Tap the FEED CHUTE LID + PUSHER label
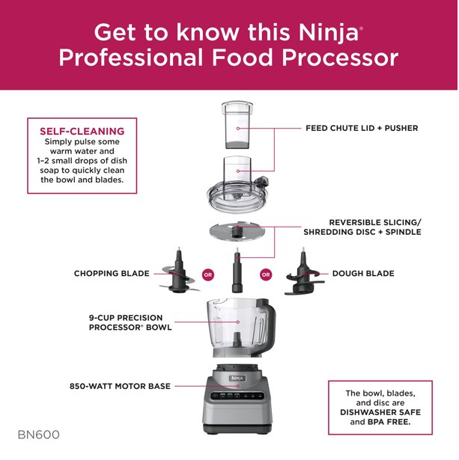[x=361, y=128]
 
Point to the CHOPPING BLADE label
[x=112, y=274]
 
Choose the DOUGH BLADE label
[x=362, y=274]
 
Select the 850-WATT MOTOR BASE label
[x=120, y=386]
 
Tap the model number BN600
[x=38, y=435]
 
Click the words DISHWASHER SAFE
[x=380, y=412]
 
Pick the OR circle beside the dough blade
[x=266, y=275]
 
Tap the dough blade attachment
[x=303, y=275]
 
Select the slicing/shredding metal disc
[x=237, y=233]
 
